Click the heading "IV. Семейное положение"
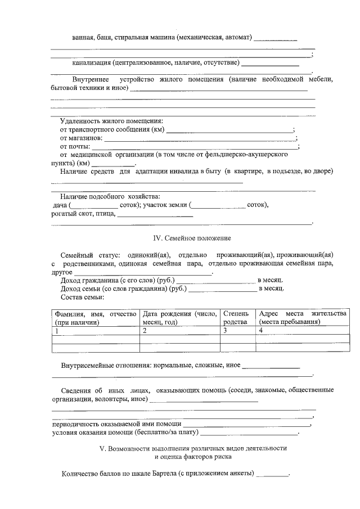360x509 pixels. [192, 238]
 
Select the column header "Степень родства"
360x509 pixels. [235, 318]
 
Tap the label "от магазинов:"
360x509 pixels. [81, 138]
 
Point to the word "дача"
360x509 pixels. [59, 205]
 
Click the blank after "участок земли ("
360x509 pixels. [219, 206]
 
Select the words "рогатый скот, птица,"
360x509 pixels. [83, 214]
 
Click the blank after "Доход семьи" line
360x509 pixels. [222, 290]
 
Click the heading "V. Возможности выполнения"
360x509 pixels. [192, 448]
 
